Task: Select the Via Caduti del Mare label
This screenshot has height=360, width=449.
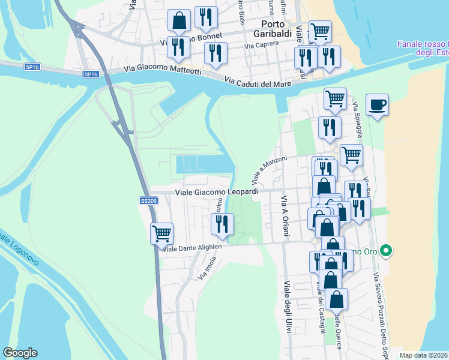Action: [258, 82]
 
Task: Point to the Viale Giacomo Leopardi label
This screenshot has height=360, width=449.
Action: [216, 192]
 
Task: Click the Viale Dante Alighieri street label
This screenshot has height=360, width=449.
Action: [193, 247]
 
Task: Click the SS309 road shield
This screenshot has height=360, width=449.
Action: [148, 201]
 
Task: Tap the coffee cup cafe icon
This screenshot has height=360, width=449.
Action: [377, 104]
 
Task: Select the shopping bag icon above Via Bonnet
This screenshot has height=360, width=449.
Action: [179, 20]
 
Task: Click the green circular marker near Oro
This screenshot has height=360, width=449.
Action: [387, 251]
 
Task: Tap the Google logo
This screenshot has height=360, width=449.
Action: [20, 353]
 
